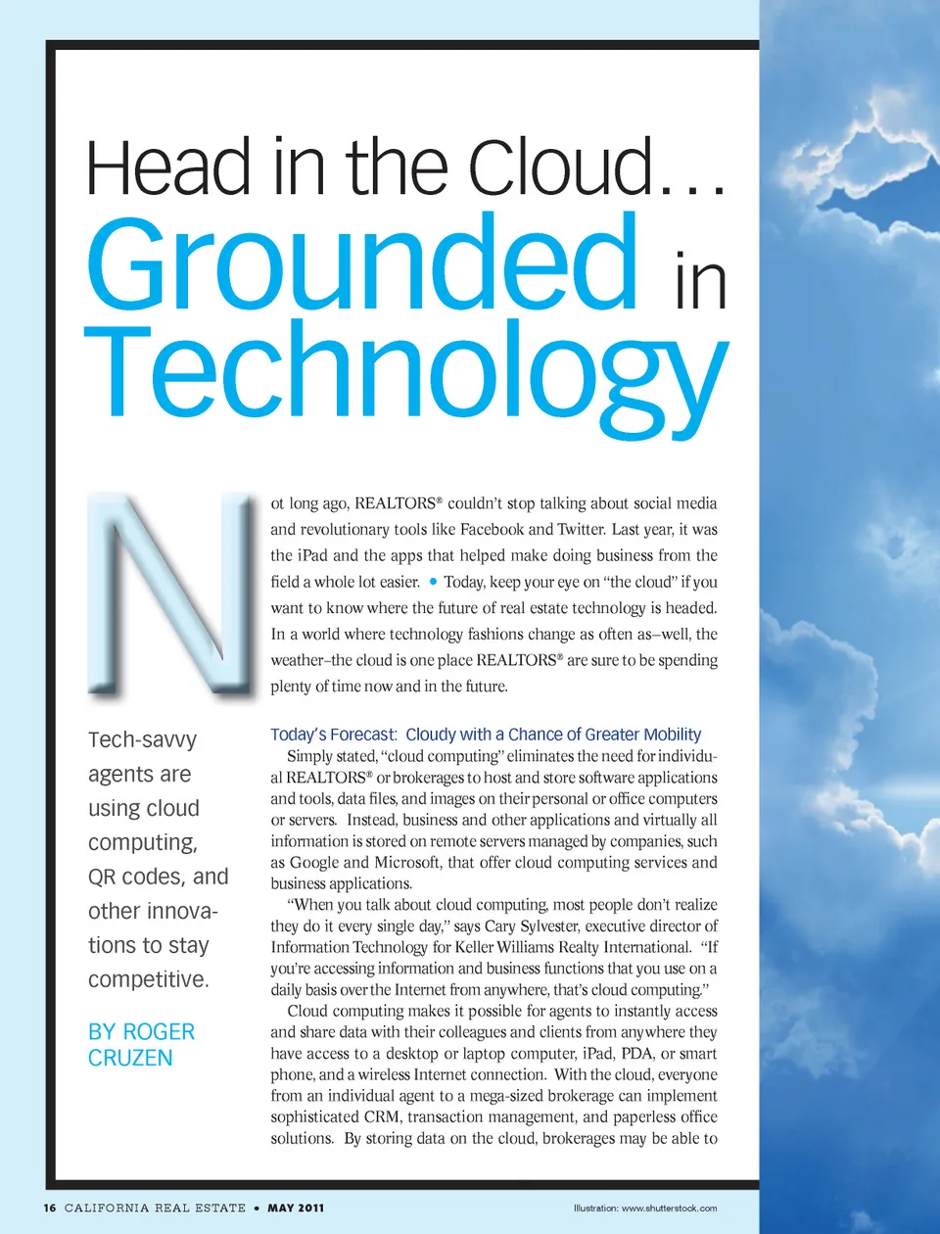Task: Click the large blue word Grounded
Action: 362,262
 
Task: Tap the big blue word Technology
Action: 406,372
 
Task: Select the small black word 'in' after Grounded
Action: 701,282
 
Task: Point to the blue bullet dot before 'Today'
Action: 433,581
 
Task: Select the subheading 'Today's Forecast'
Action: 334,735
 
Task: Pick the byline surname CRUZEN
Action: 130,1058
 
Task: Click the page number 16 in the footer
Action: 50,1208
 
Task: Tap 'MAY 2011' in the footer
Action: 296,1208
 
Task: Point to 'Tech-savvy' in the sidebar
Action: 142,739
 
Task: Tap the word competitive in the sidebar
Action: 147,979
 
